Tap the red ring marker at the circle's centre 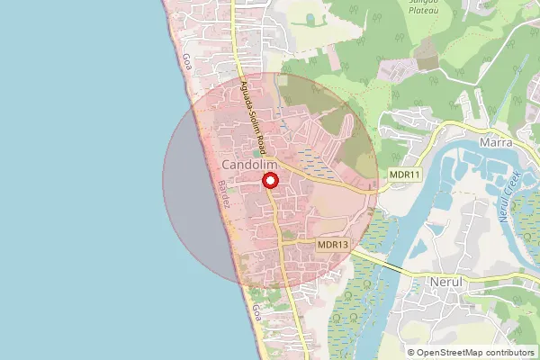(x=270, y=180)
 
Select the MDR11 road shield (x=405, y=173)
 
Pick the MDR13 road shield (x=333, y=244)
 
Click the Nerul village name (x=446, y=281)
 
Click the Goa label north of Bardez (x=187, y=62)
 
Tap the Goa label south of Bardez (x=257, y=314)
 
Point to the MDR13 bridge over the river (x=396, y=267)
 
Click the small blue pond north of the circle (x=310, y=18)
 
